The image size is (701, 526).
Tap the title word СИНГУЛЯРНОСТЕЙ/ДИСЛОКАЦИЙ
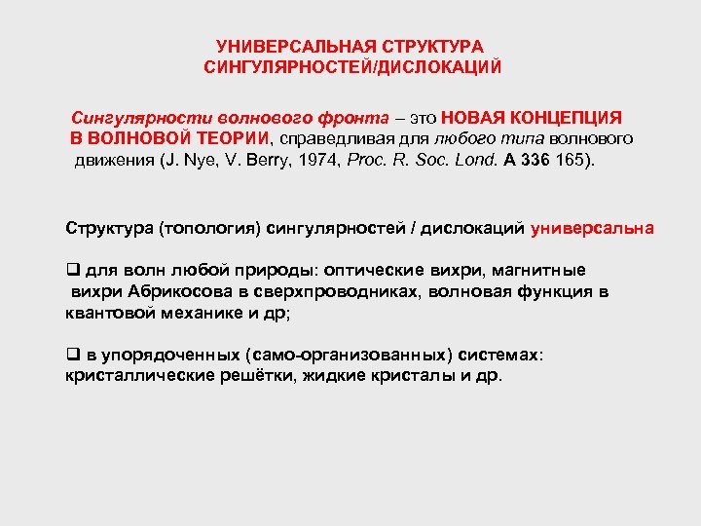352,67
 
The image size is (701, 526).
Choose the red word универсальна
593,229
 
